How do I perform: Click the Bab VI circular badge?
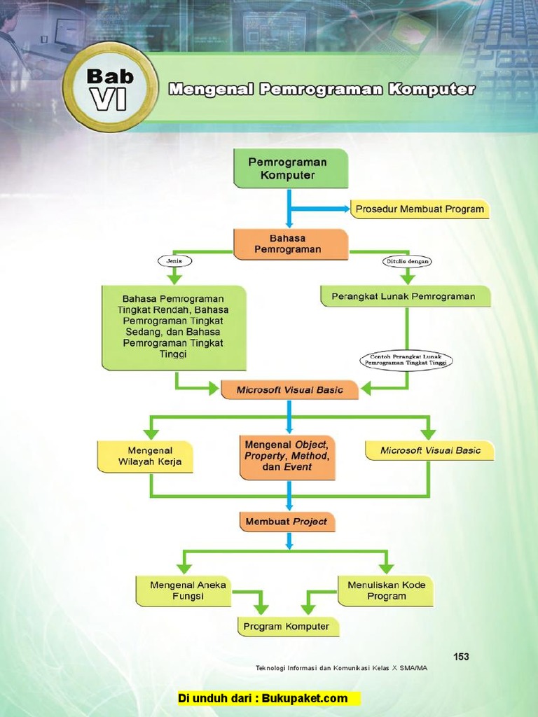[110, 88]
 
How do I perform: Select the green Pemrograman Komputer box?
[290, 168]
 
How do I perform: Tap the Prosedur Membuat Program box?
[419, 209]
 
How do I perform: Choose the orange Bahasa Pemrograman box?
[290, 244]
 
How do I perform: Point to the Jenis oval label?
[174, 261]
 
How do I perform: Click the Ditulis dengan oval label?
[407, 261]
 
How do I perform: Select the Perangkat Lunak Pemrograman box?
[406, 296]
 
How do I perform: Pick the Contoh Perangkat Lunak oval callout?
[406, 360]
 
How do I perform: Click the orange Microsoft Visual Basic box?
[289, 390]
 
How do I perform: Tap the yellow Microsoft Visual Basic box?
[429, 450]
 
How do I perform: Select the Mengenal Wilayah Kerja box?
[145, 456]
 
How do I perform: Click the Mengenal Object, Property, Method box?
[287, 456]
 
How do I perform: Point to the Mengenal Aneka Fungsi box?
[183, 590]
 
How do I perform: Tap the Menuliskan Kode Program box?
[386, 590]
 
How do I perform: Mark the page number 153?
[461, 656]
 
